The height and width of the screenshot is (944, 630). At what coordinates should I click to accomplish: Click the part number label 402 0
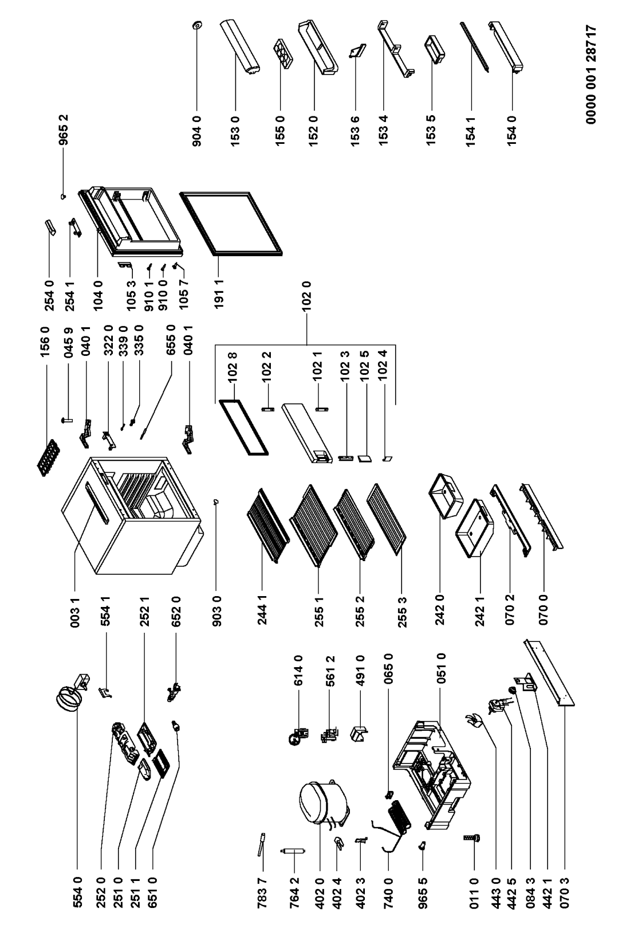pyautogui.click(x=320, y=893)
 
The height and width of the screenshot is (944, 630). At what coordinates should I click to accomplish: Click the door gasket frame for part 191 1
pyautogui.click(x=231, y=224)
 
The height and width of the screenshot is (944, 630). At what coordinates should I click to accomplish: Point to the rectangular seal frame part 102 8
pyautogui.click(x=243, y=428)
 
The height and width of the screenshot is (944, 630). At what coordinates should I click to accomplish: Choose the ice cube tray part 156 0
pyautogui.click(x=48, y=458)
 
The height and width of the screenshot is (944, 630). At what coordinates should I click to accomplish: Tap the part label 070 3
pyautogui.click(x=564, y=893)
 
